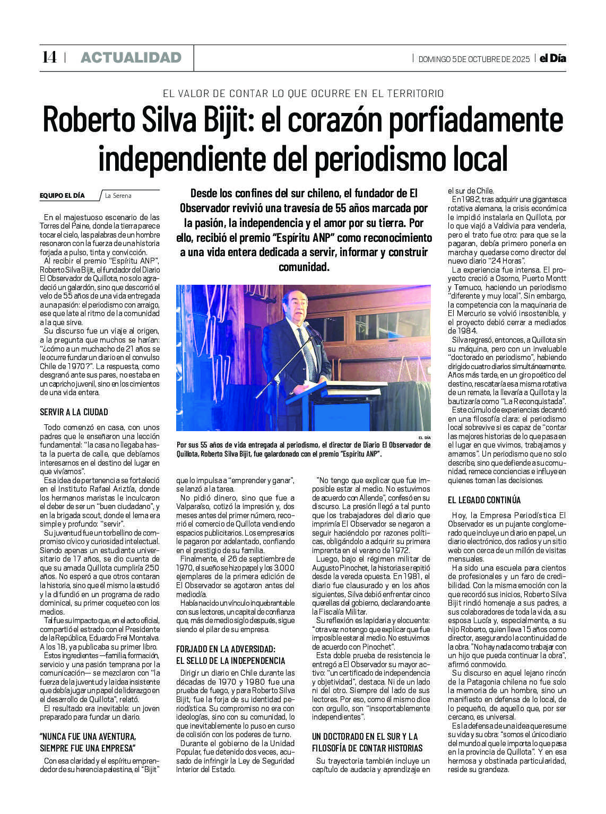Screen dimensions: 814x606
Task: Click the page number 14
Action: tap(49, 57)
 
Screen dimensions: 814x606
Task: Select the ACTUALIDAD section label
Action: tap(131, 57)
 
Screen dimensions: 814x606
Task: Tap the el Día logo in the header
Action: tap(552, 58)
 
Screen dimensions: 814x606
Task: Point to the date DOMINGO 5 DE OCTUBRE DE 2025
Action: tap(473, 59)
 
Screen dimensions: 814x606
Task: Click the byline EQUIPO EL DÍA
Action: tap(62, 196)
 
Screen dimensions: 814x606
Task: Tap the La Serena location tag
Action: tap(118, 196)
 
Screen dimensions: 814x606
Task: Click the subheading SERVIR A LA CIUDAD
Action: tap(74, 412)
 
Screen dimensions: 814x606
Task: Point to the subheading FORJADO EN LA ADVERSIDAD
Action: tap(226, 649)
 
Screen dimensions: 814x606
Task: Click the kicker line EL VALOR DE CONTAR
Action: tap(303, 94)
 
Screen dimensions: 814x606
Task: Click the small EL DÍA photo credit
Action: tap(424, 437)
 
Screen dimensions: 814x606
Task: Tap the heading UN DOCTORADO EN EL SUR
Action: tap(365, 737)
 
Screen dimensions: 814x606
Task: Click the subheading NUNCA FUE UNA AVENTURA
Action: tap(88, 737)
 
